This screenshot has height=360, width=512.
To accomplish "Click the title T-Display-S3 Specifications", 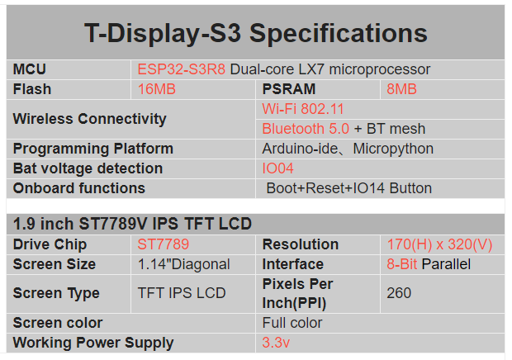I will pyautogui.click(x=255, y=34).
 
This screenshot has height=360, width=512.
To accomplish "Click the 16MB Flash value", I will pyautogui.click(x=157, y=89).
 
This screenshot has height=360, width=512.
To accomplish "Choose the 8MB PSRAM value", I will pyautogui.click(x=401, y=89).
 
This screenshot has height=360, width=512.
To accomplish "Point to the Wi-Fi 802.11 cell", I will pyautogui.click(x=303, y=109).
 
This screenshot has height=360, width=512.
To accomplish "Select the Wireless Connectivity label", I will pyautogui.click(x=89, y=119).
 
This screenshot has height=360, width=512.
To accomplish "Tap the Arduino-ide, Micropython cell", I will pyautogui.click(x=348, y=149).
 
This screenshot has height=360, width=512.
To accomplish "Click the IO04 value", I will pyautogui.click(x=277, y=168).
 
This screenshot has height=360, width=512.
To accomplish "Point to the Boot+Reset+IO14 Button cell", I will pyautogui.click(x=348, y=188).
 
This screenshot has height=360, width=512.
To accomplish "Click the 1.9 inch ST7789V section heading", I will pyautogui.click(x=132, y=224).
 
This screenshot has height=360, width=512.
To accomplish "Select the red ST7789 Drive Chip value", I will pyautogui.click(x=164, y=244).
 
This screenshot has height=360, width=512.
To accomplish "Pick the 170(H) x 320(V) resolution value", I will pyautogui.click(x=439, y=244).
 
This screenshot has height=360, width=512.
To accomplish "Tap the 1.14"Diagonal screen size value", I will pyautogui.click(x=184, y=264).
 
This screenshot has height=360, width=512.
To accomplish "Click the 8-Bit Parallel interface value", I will pyautogui.click(x=428, y=264).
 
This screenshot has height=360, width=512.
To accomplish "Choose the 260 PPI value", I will pyautogui.click(x=399, y=293).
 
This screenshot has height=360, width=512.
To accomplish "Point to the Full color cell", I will pyautogui.click(x=292, y=323).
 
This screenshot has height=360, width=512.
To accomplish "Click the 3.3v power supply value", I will pyautogui.click(x=276, y=343).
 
